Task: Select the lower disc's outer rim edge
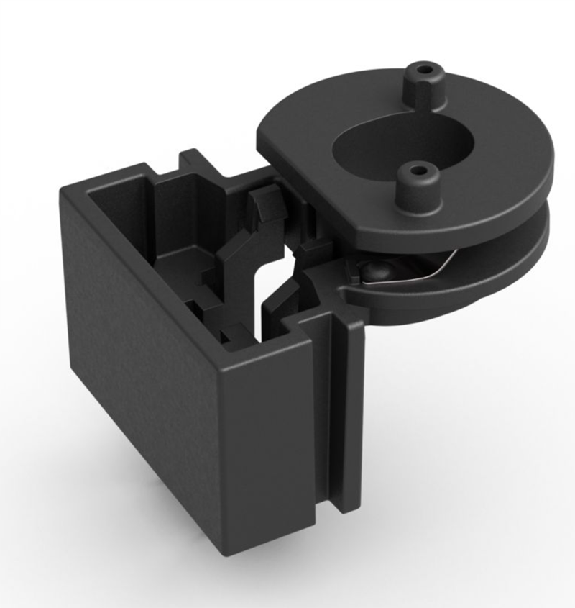(503, 273)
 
